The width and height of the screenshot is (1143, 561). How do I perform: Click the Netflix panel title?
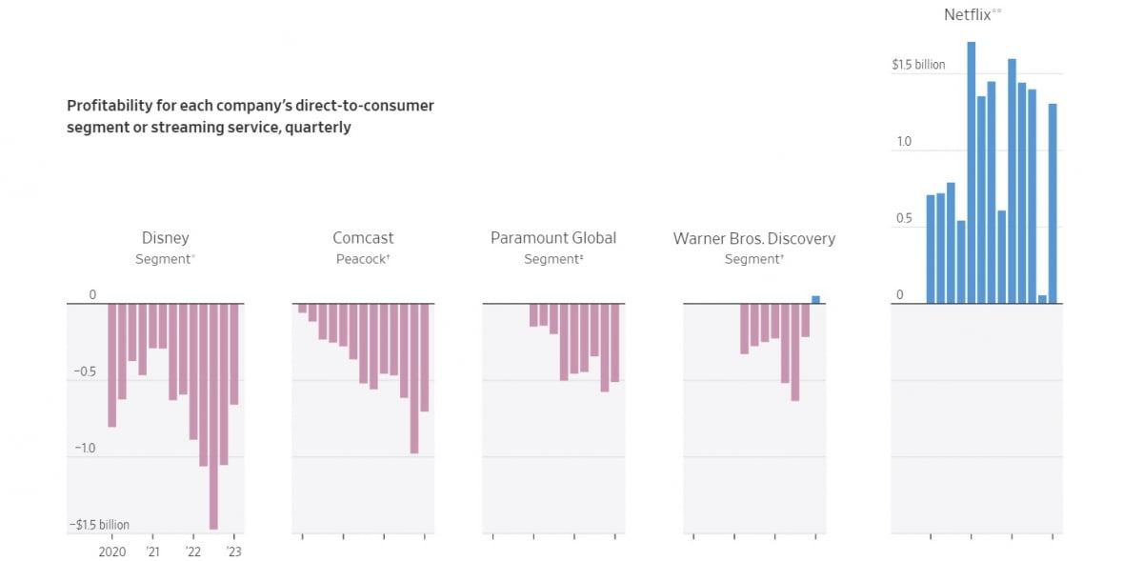click(972, 14)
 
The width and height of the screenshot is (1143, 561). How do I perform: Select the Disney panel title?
click(165, 238)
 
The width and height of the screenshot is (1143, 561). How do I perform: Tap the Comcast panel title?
click(363, 238)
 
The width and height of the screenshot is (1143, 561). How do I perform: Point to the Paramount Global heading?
click(553, 238)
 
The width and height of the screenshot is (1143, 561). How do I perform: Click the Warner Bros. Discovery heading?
click(753, 238)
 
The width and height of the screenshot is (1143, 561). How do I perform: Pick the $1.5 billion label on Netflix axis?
click(918, 65)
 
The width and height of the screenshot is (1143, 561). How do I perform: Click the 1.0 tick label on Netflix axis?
click(903, 142)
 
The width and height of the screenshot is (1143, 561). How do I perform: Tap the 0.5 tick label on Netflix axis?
click(903, 219)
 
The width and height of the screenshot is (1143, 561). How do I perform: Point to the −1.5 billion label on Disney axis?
click(98, 525)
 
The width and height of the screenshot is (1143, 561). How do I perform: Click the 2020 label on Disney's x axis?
click(112, 551)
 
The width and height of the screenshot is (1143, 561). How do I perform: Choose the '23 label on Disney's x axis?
click(234, 551)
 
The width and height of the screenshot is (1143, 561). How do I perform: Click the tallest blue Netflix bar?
click(971, 171)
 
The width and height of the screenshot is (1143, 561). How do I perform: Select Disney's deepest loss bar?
click(213, 415)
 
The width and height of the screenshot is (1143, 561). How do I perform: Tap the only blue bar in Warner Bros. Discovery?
click(815, 299)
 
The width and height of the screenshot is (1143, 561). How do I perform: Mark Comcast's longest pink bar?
click(414, 378)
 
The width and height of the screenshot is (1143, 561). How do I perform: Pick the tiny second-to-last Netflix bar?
click(1042, 299)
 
